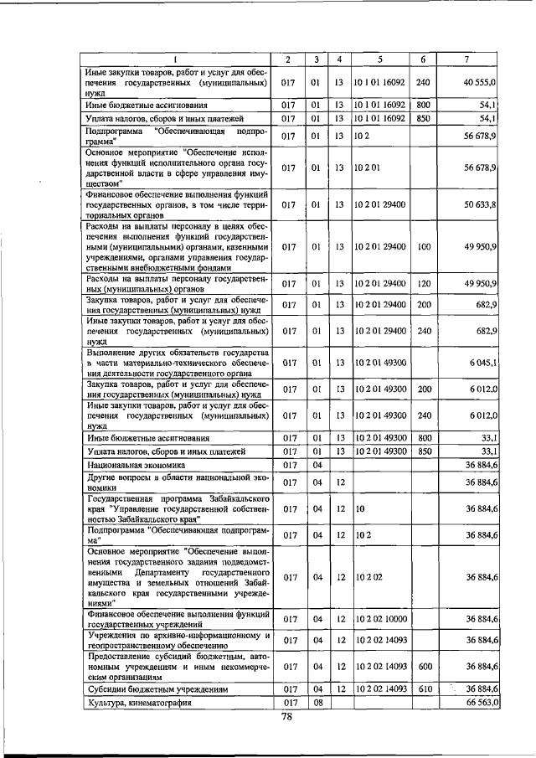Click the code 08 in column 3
click(317, 703)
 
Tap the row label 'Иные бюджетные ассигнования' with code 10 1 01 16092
click(147, 105)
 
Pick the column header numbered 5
click(379, 59)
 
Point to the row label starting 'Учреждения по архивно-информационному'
click(177, 640)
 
